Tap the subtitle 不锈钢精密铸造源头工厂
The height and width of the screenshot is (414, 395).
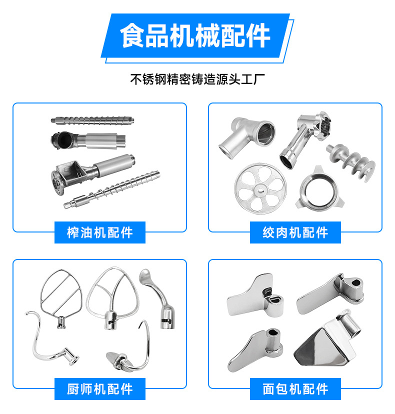[197, 79]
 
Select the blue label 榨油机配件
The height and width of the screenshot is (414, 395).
[99, 232]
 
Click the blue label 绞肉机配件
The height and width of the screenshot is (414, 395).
[295, 232]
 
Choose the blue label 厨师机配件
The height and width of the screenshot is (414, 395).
[99, 389]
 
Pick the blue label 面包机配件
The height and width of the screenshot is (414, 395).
[295, 389]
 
